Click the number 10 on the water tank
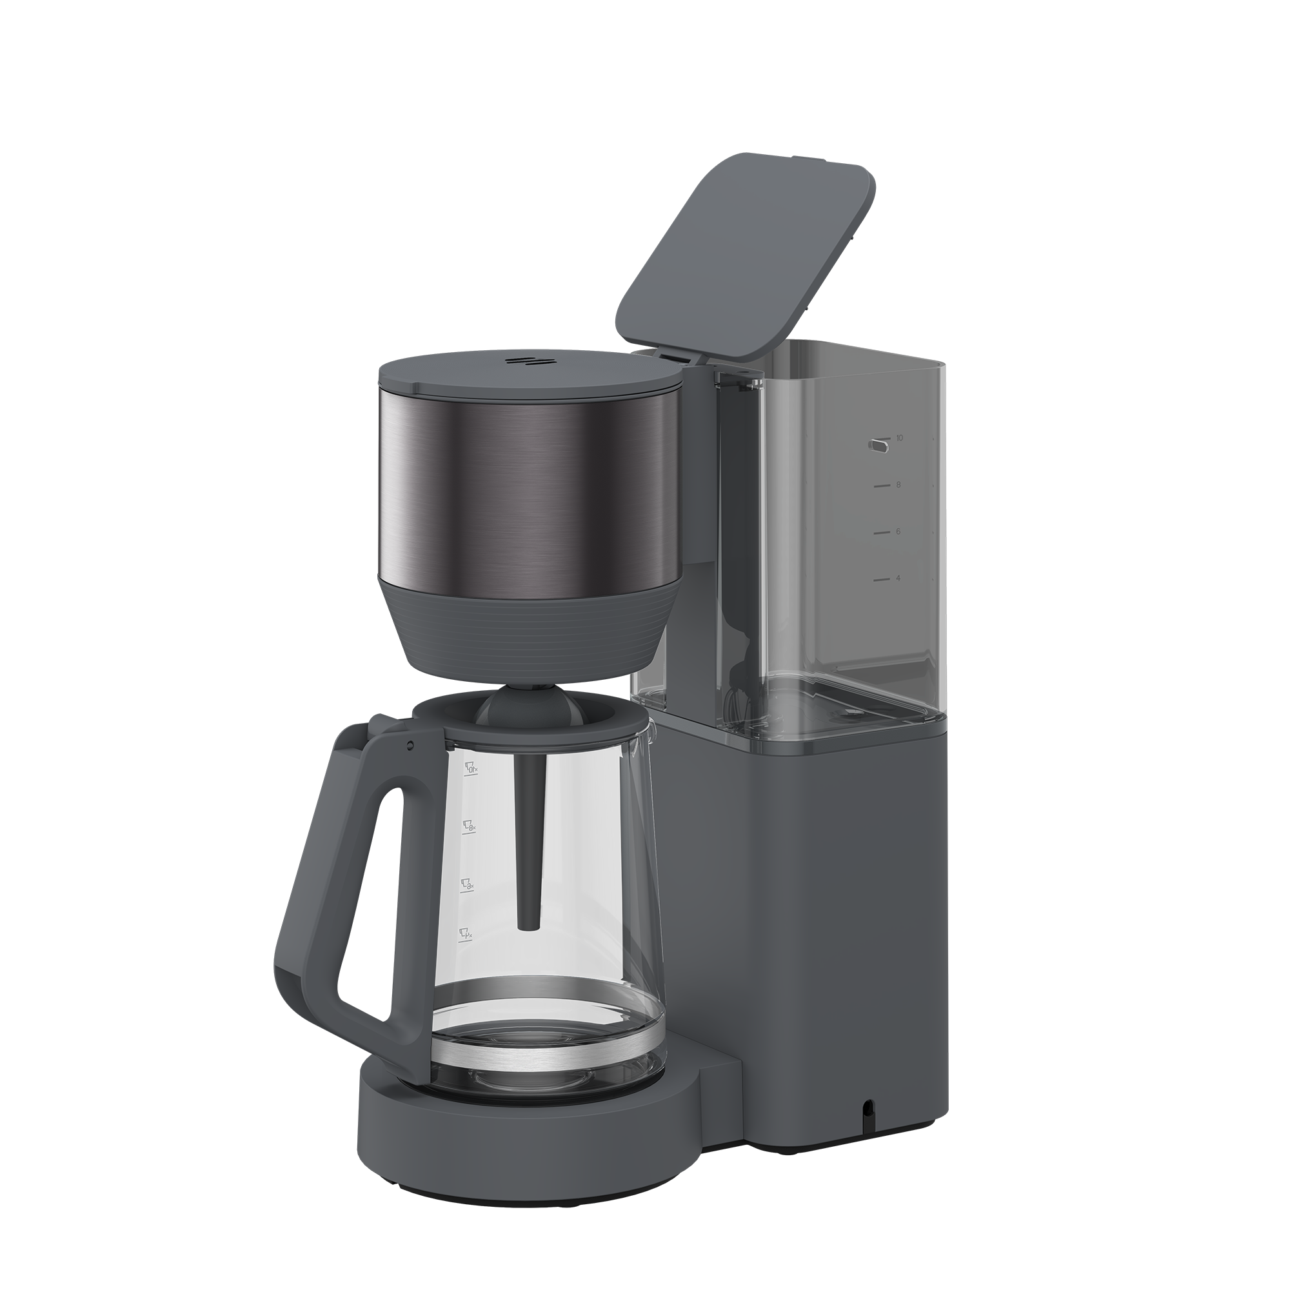click(x=899, y=437)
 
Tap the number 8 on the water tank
click(x=898, y=485)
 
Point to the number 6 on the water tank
click(x=898, y=531)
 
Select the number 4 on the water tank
click(x=898, y=578)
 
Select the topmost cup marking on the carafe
click(x=472, y=770)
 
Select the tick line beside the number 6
click(x=881, y=533)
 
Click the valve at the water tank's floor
click(x=849, y=714)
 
